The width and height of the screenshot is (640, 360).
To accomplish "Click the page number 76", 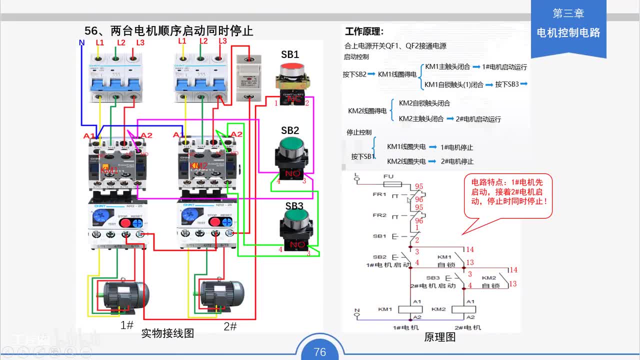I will tap(320, 352).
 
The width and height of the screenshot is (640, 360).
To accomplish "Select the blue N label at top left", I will tap(82, 43).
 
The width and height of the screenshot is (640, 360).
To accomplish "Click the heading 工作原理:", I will tap(364, 31).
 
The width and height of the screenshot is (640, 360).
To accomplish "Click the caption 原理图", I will tap(440, 337).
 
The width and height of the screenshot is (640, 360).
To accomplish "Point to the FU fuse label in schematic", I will tap(388, 176).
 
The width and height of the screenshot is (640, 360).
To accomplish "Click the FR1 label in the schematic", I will tap(379, 194).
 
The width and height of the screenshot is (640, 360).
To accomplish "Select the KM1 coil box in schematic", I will tap(410, 309).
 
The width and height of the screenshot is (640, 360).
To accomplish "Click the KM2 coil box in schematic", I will tap(463, 309).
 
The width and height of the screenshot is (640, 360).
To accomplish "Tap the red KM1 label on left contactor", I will tap(109, 170).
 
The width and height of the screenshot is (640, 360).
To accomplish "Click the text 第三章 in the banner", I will tap(568, 13).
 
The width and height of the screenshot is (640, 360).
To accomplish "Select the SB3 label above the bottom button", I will tap(294, 206).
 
